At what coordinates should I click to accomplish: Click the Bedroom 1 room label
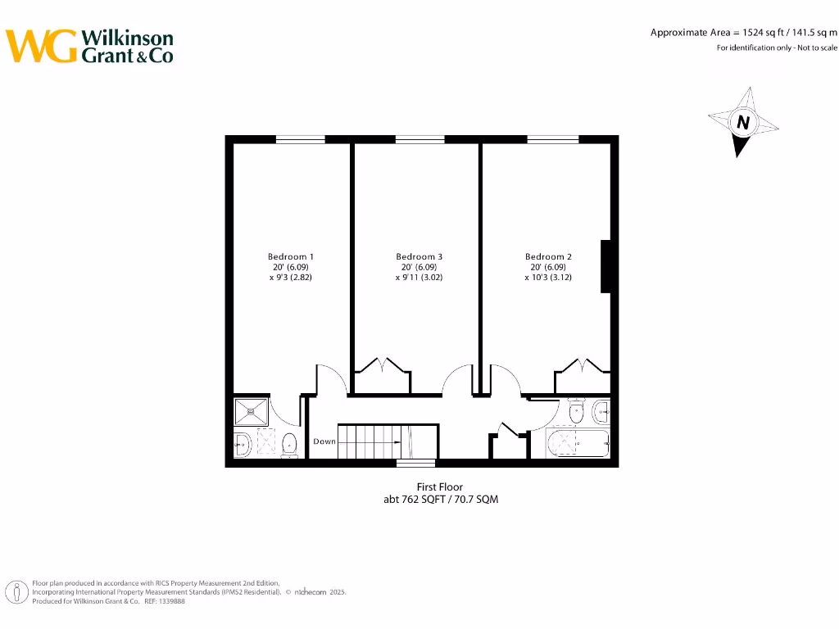(x=291, y=256)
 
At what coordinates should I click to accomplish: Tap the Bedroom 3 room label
(x=419, y=256)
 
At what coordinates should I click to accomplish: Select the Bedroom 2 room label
(x=548, y=256)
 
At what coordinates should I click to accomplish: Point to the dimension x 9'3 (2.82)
(x=291, y=278)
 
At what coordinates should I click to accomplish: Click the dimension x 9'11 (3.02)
(x=419, y=278)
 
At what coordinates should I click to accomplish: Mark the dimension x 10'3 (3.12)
(x=548, y=278)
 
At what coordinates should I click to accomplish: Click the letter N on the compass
(x=743, y=123)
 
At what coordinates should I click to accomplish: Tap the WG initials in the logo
(x=41, y=47)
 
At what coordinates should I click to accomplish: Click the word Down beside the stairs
(x=324, y=441)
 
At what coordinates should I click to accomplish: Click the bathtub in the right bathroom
(x=578, y=444)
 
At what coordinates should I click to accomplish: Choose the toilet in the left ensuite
(x=289, y=445)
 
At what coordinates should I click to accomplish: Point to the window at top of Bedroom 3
(x=420, y=139)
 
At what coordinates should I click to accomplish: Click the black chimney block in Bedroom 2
(x=606, y=266)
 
